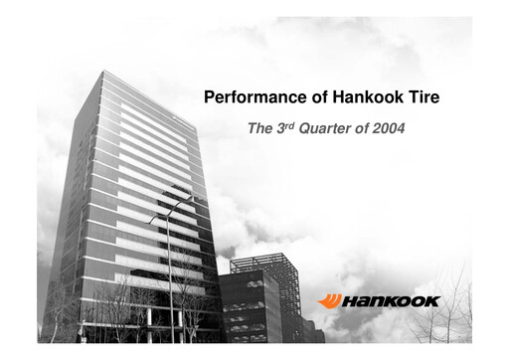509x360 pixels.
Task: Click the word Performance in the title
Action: click(x=248, y=98)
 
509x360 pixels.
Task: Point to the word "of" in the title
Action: click(x=306, y=98)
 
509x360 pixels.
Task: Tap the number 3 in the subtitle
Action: click(x=278, y=128)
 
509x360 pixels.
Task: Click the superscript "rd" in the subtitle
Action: click(x=288, y=124)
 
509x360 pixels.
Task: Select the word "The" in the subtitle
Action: click(x=258, y=128)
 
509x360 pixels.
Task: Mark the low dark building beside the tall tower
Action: click(x=249, y=308)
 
